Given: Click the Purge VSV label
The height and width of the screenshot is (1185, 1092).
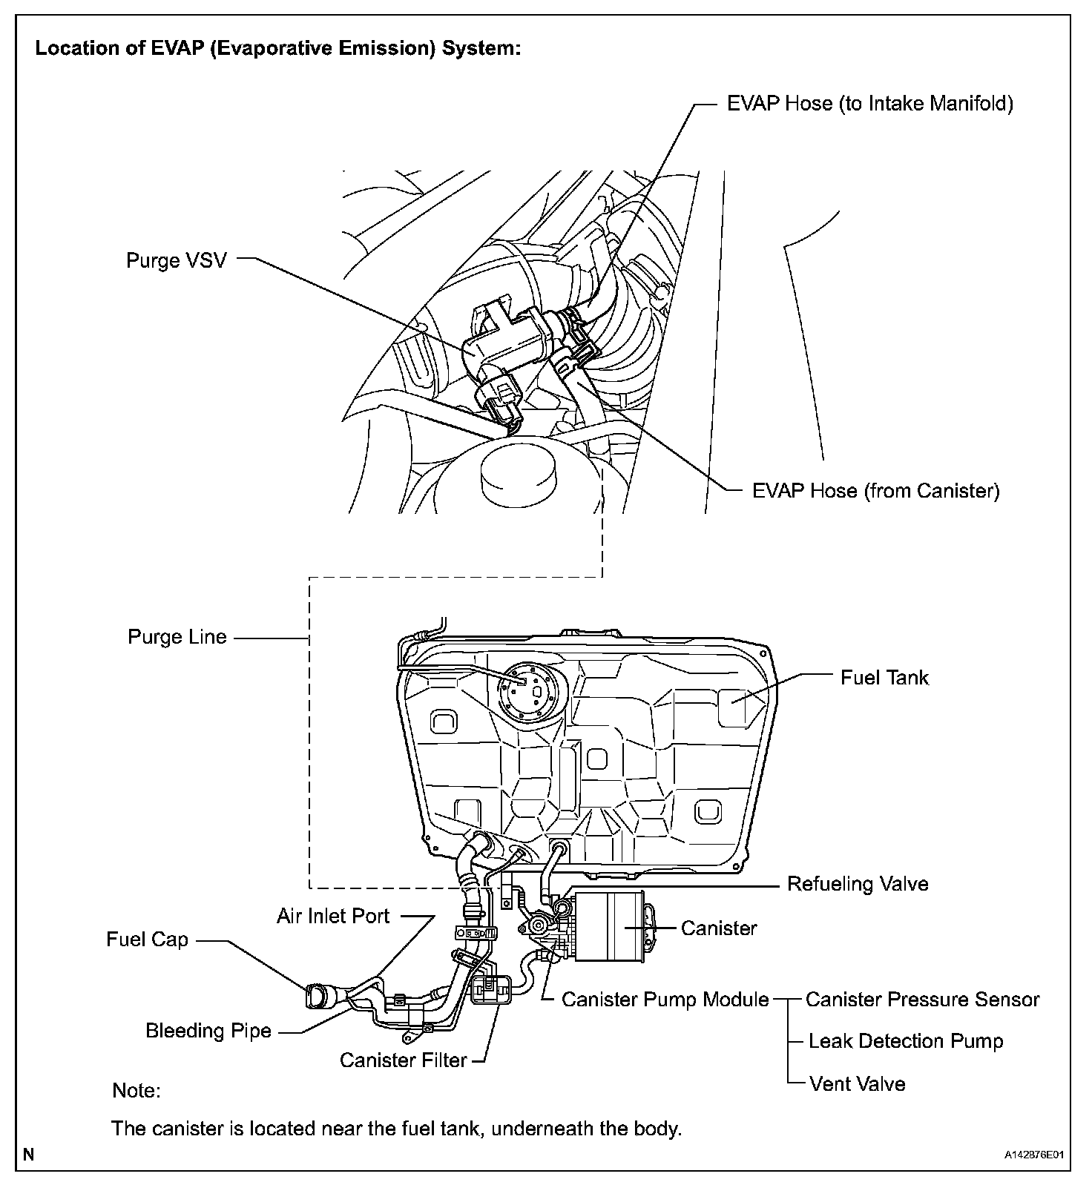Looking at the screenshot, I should tap(176, 260).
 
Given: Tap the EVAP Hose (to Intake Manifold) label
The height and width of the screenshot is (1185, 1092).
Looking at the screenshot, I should tap(869, 103).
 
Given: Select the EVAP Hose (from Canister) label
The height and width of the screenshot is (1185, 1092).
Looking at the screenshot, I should tap(875, 490).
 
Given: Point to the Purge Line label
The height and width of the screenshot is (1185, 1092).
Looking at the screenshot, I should tap(177, 637).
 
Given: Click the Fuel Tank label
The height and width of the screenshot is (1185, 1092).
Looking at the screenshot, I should tap(884, 677).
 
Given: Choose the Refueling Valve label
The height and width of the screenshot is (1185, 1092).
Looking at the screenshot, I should tap(857, 883).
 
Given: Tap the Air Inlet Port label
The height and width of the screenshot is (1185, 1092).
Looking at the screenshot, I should tap(332, 916).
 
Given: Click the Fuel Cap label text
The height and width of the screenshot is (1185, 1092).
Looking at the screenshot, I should tap(147, 940).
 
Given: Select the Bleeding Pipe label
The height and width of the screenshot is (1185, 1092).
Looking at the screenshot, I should tap(208, 1031).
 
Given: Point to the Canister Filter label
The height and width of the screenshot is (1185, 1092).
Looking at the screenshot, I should tap(403, 1060).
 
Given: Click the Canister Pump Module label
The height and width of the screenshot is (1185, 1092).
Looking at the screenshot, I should tap(665, 1000).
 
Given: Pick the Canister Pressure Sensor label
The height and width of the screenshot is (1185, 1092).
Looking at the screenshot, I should tap(922, 1000).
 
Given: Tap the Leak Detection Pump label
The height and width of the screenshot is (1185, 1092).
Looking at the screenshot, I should tap(905, 1041).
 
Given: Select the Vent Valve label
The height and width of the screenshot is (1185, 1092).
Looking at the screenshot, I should tap(857, 1083).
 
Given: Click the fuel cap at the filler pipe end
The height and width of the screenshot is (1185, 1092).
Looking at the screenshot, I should tap(315, 996).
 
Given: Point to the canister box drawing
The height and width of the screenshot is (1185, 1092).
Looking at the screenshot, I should tap(608, 927).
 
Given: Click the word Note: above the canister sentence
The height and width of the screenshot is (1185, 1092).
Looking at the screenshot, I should tap(136, 1091).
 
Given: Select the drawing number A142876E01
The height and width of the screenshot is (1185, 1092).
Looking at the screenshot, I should tap(1034, 1155).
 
